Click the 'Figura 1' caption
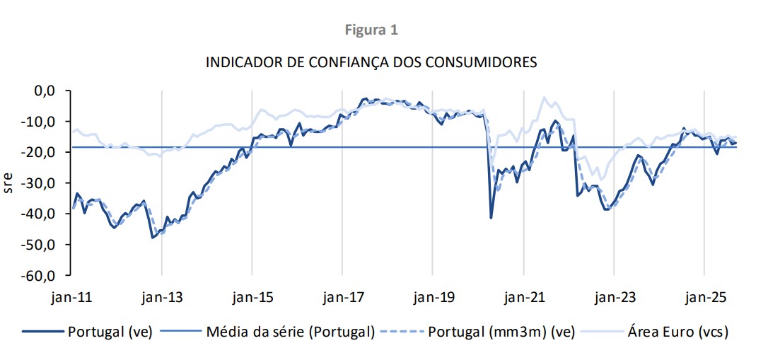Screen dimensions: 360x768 (x=371, y=30)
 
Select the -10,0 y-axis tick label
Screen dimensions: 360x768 (x=41, y=122)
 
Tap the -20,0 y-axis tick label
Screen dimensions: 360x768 (x=41, y=152)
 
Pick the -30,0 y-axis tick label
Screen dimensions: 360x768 (x=41, y=182)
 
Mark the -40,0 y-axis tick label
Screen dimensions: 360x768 (x=41, y=214)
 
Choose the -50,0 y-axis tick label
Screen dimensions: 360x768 (x=41, y=244)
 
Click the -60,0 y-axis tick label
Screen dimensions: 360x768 (x=41, y=274)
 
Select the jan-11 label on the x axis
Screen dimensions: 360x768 (x=71, y=297)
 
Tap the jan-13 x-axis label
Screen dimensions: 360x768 (x=162, y=297)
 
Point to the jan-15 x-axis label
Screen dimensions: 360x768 (x=252, y=297)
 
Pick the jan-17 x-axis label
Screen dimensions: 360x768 (x=342, y=297)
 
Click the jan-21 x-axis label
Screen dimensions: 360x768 (x=523, y=297)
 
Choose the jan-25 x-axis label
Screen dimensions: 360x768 (x=704, y=297)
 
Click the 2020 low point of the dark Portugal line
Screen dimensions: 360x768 (x=491, y=217)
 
